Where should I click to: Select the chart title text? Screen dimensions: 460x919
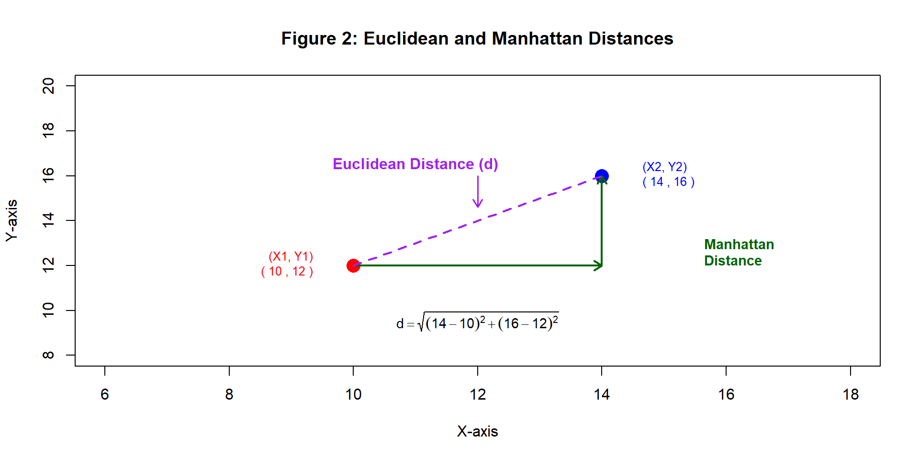tap(477, 38)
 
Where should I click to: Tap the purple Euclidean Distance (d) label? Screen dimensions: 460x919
tap(415, 164)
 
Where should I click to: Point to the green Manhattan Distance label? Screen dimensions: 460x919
tap(739, 253)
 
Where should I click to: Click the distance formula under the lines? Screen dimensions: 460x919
tap(477, 323)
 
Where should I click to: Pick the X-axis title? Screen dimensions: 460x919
tap(477, 431)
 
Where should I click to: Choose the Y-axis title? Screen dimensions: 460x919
tap(11, 220)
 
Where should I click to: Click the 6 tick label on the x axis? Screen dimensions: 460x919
tap(105, 394)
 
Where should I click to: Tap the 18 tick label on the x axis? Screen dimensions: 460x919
tap(851, 394)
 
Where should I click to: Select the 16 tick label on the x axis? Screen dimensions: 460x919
tap(726, 394)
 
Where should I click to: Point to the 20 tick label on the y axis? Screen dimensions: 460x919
tap(48, 86)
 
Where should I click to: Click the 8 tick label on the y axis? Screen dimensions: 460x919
tap(48, 355)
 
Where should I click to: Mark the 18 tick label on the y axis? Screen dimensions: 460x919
tap(48, 130)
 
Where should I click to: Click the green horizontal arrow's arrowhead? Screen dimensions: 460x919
tap(599, 265)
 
